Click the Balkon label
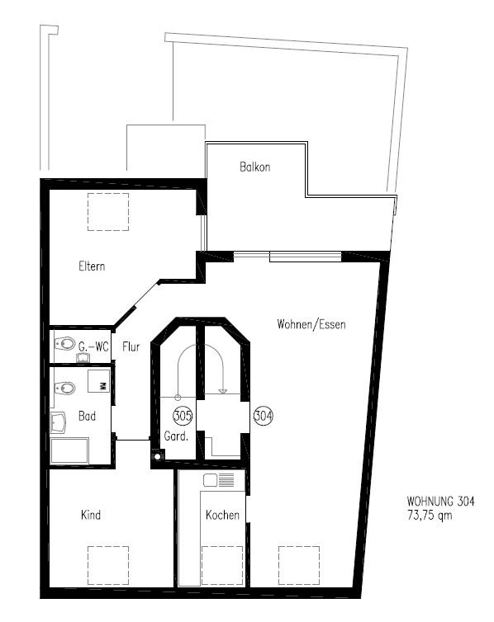[254, 167]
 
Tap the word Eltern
[92, 266]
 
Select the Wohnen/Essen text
[311, 325]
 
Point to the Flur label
[131, 347]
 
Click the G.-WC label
[93, 347]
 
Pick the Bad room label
[87, 417]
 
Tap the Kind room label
[91, 516]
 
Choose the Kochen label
[223, 516]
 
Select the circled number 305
[183, 416]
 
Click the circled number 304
[263, 416]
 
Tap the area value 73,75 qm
[430, 515]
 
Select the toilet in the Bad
[64, 387]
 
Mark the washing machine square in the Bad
[100, 382]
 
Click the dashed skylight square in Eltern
[107, 211]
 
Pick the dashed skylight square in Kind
[107, 565]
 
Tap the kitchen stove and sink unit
[221, 479]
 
